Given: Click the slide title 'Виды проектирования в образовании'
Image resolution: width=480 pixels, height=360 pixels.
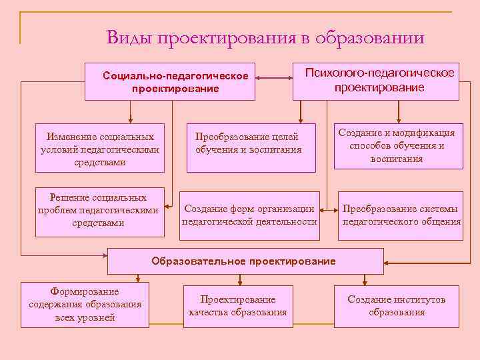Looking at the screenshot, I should click(265, 37).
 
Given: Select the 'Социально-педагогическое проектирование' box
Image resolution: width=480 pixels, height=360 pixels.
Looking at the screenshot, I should click(175, 82).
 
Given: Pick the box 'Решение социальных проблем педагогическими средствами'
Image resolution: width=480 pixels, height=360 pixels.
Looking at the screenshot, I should click(99, 210).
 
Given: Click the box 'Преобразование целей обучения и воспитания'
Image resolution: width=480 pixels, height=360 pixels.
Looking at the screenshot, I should click(251, 147).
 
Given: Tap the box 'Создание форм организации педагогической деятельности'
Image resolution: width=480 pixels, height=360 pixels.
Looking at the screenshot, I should click(249, 215).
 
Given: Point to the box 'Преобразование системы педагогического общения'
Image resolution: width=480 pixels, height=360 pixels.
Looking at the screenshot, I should click(401, 215).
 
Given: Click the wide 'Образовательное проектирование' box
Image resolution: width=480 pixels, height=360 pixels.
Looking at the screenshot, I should click(245, 261).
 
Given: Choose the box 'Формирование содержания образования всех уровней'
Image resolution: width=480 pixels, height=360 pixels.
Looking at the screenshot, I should click(85, 305).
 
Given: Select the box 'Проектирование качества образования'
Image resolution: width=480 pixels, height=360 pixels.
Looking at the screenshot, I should click(238, 305).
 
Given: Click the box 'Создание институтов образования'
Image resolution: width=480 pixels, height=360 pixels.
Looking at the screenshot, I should click(397, 305).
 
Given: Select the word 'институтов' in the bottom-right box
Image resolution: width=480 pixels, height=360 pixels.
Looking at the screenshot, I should click(418, 299).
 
